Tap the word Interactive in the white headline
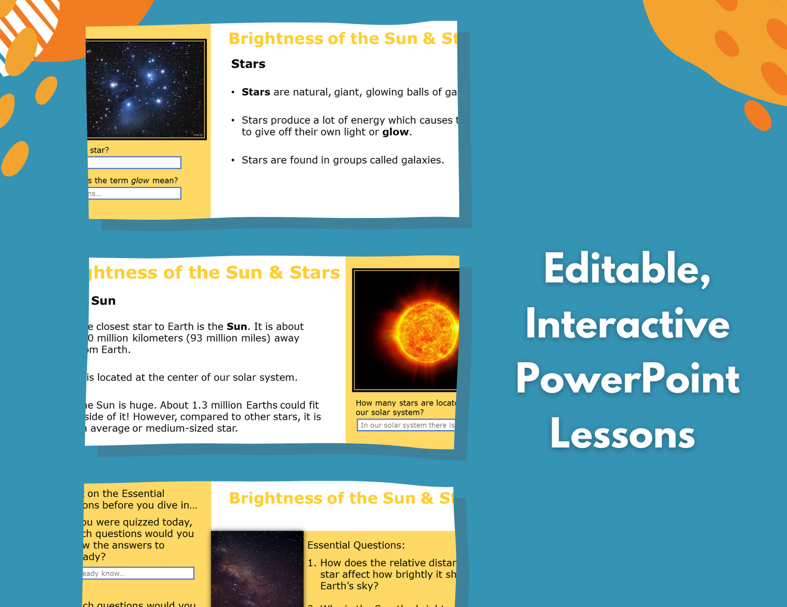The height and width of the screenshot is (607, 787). (x=627, y=325)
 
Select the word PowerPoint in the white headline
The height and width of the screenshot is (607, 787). (x=627, y=380)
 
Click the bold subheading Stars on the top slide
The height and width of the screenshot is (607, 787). (x=248, y=64)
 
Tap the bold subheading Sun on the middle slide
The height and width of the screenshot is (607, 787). (x=104, y=300)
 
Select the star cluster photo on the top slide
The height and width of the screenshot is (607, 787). (x=146, y=89)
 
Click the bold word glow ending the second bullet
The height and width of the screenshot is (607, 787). (x=395, y=132)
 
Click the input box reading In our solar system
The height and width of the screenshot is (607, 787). (x=406, y=425)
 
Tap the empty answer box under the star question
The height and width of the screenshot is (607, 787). (x=134, y=163)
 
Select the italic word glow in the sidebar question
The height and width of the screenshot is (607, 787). (x=140, y=181)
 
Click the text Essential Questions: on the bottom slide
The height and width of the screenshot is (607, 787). (x=356, y=545)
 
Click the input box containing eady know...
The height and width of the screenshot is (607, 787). (x=138, y=573)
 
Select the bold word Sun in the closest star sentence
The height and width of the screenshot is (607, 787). (x=237, y=326)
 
